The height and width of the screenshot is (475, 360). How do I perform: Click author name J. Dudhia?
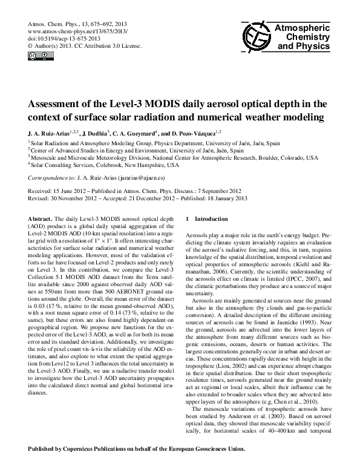click(x=94, y=132)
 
